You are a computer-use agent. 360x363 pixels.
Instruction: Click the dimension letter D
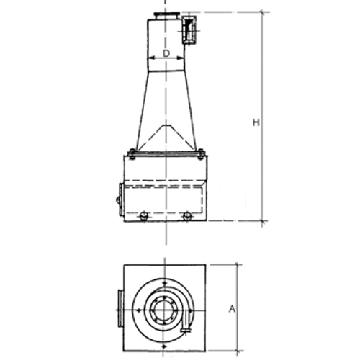(166, 53)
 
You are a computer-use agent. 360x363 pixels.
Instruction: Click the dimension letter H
(256, 122)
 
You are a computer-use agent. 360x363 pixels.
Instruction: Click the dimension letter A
(232, 309)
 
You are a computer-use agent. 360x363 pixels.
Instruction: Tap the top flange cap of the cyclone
(166, 14)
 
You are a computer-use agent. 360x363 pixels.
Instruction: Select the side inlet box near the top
(189, 30)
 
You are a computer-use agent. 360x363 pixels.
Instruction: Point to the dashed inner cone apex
(166, 125)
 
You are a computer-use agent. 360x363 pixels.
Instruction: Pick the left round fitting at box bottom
(143, 216)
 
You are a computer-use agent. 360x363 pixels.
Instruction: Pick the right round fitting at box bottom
(186, 216)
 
